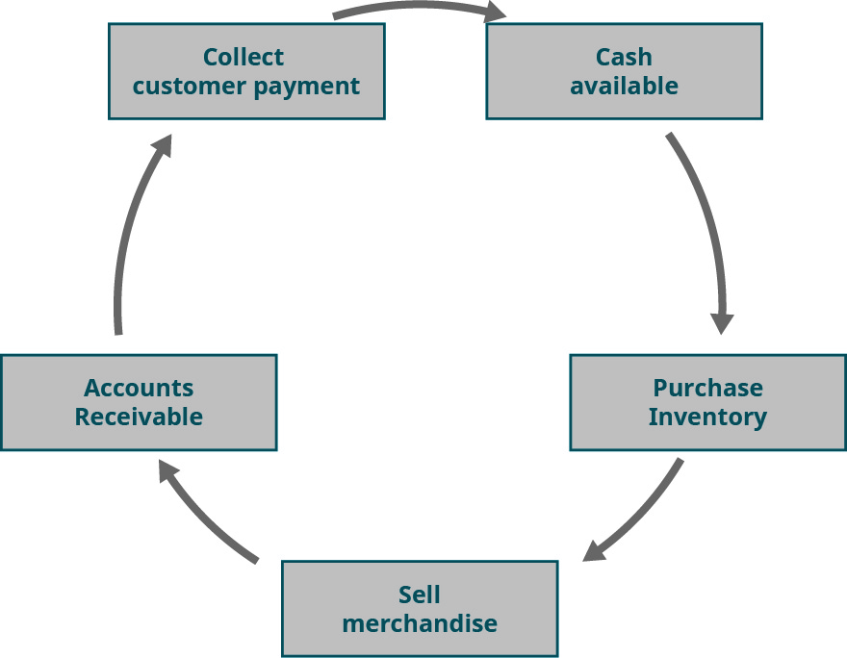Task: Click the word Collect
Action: coord(244,57)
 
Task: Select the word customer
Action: coord(189,87)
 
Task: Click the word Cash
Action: coord(624,57)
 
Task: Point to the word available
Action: coord(624,87)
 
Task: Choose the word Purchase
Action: coord(707,388)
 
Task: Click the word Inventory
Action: coord(707,418)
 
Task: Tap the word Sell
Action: coord(420,594)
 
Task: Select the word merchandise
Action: coord(420,623)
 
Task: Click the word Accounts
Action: coord(139,388)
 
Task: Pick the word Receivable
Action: coord(139,418)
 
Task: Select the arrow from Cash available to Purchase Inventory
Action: coord(707,221)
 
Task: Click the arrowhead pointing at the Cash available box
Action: coord(495,12)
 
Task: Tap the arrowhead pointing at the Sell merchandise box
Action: coord(595,550)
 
